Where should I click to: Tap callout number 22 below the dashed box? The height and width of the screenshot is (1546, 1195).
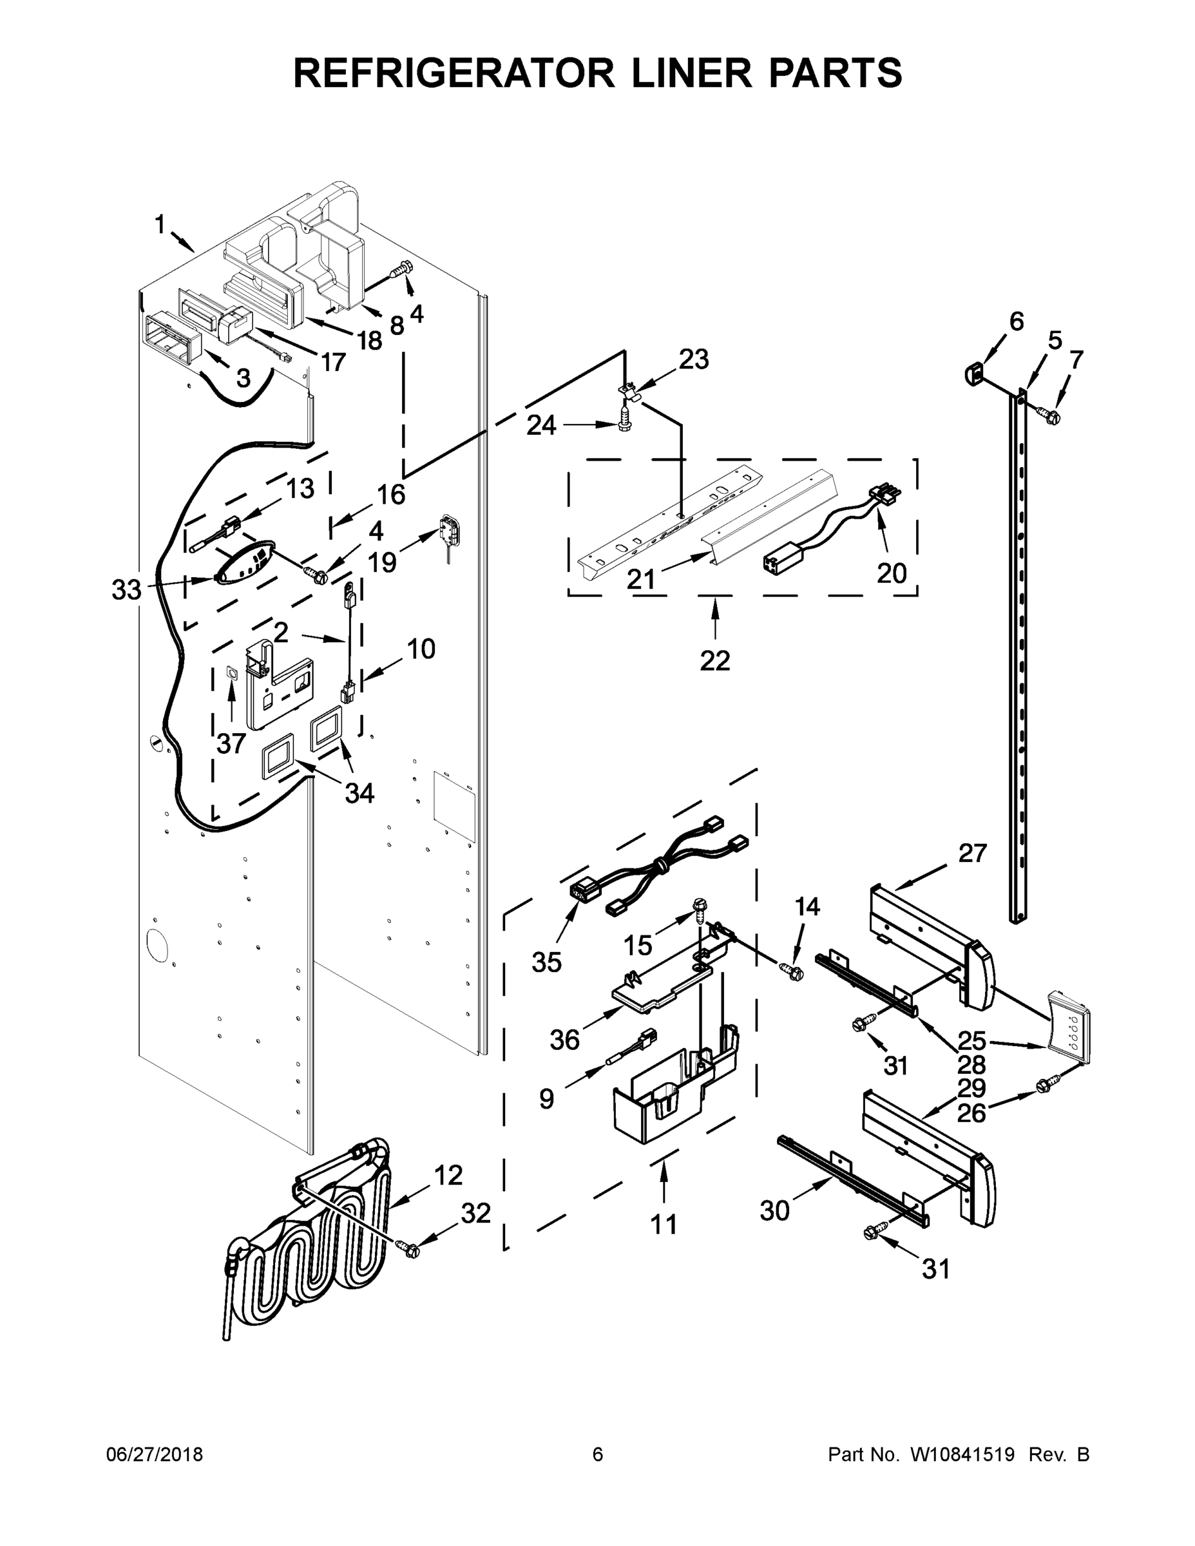pyautogui.click(x=714, y=660)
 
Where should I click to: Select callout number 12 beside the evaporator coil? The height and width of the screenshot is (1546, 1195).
pyautogui.click(x=448, y=1176)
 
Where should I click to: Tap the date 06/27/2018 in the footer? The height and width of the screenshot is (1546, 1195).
pyautogui.click(x=155, y=1454)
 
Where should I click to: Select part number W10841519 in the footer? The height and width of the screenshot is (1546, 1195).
pyautogui.click(x=962, y=1454)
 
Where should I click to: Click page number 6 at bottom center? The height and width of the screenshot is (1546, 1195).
pyautogui.click(x=598, y=1454)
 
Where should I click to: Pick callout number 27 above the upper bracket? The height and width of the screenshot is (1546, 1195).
pyautogui.click(x=972, y=853)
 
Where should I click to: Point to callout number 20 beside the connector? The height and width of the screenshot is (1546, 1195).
pyautogui.click(x=892, y=573)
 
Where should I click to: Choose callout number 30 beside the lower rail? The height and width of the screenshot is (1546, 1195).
pyautogui.click(x=774, y=1211)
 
